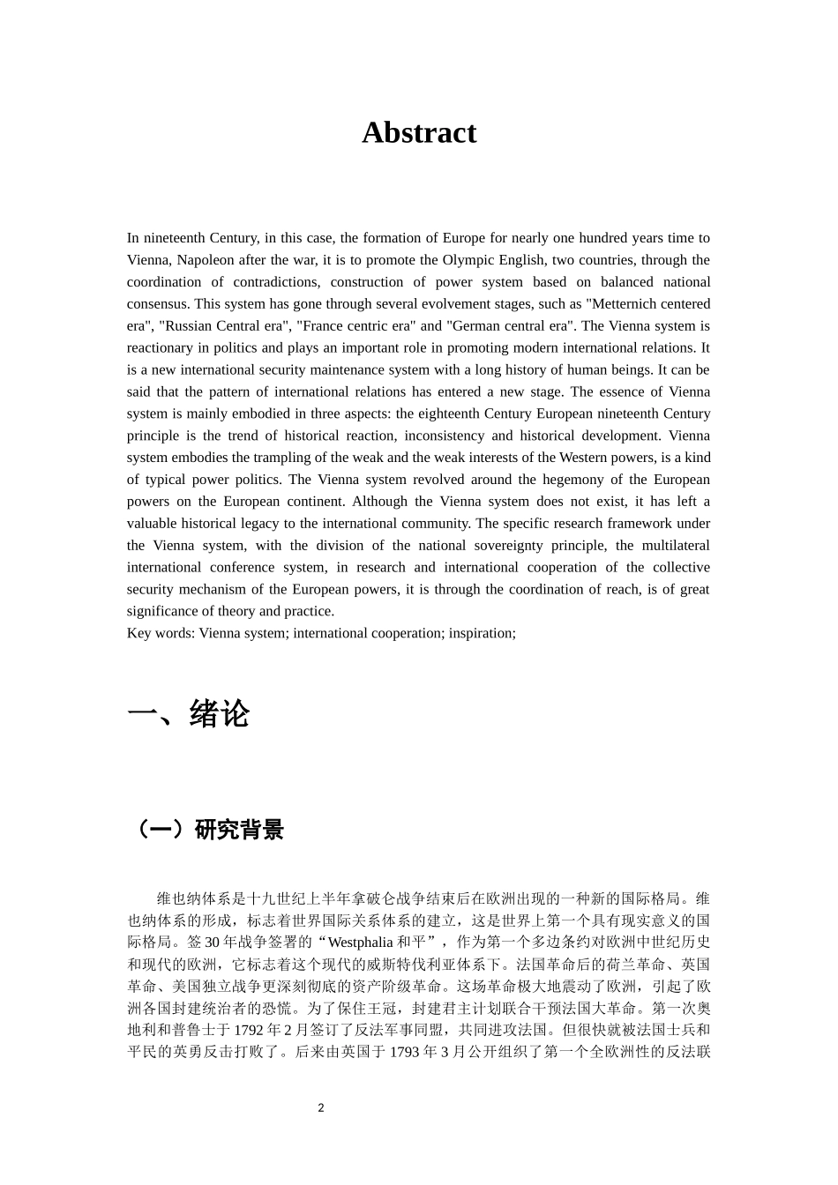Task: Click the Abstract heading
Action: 419,132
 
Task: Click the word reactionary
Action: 161,347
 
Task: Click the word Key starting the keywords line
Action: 138,633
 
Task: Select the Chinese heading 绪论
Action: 220,713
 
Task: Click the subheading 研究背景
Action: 239,830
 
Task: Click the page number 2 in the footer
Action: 321,1107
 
